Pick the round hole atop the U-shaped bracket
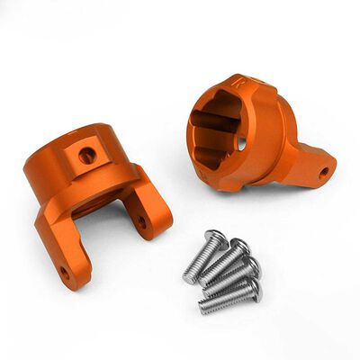click(x=87, y=156)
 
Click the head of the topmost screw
click(x=216, y=238)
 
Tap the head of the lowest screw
click(x=254, y=290)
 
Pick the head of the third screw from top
click(x=251, y=266)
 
